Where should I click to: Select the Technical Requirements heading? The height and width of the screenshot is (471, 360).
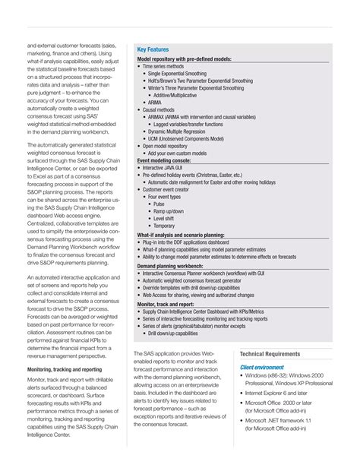tap(272, 355)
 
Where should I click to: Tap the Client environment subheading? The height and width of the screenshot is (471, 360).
tap(262, 367)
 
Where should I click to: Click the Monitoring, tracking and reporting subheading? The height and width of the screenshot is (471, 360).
tap(65, 368)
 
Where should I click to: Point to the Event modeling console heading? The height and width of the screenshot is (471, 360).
tap(164, 160)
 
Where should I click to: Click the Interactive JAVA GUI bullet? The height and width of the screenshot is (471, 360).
tap(169, 168)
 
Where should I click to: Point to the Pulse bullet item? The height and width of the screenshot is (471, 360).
tap(159, 204)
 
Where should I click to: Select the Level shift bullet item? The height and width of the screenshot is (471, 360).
tap(165, 218)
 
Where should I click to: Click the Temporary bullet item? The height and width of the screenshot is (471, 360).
tap(164, 226)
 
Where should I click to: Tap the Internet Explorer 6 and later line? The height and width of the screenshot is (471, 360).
tap(280, 394)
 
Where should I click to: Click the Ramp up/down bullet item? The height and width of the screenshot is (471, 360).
tap(169, 211)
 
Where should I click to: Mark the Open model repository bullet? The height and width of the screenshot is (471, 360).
tap(169, 146)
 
